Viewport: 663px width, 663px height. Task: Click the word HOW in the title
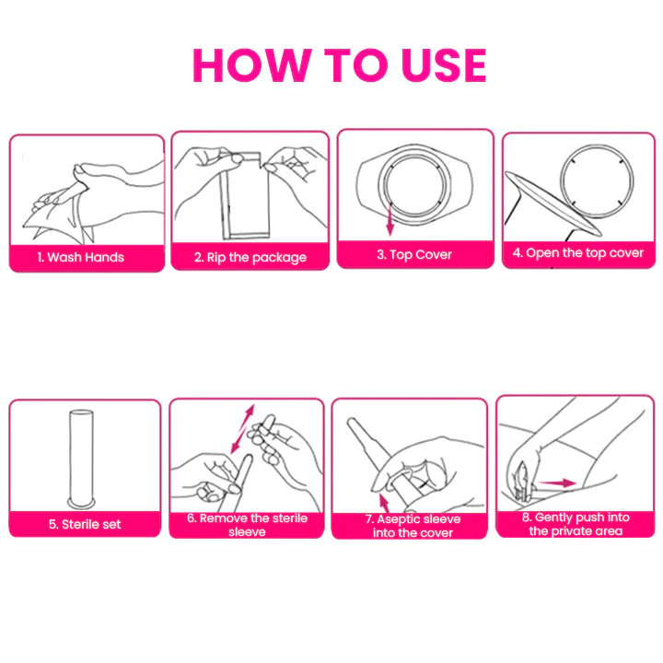point(252,64)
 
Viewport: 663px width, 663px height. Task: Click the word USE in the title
point(444,64)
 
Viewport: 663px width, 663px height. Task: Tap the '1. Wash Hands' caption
point(80,257)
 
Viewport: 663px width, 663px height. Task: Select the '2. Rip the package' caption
point(250,257)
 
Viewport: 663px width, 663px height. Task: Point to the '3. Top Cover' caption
point(414,254)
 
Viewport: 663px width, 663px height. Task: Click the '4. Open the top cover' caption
point(578,253)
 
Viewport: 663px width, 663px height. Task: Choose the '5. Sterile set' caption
point(85,524)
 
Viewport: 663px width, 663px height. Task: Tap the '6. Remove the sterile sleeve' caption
point(247,525)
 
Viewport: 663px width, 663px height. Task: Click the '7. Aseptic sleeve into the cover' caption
point(413,526)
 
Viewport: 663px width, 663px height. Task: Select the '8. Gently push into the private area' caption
point(576,524)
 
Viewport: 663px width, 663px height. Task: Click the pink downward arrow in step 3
point(390,220)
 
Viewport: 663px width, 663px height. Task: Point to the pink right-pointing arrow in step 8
point(558,483)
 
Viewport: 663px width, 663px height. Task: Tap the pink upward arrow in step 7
point(384,503)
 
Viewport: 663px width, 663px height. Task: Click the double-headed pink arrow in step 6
point(243,429)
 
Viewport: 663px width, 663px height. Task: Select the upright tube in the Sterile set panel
point(82,459)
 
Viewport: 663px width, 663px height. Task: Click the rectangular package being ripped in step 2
point(245,195)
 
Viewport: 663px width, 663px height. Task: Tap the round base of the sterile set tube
point(82,504)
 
